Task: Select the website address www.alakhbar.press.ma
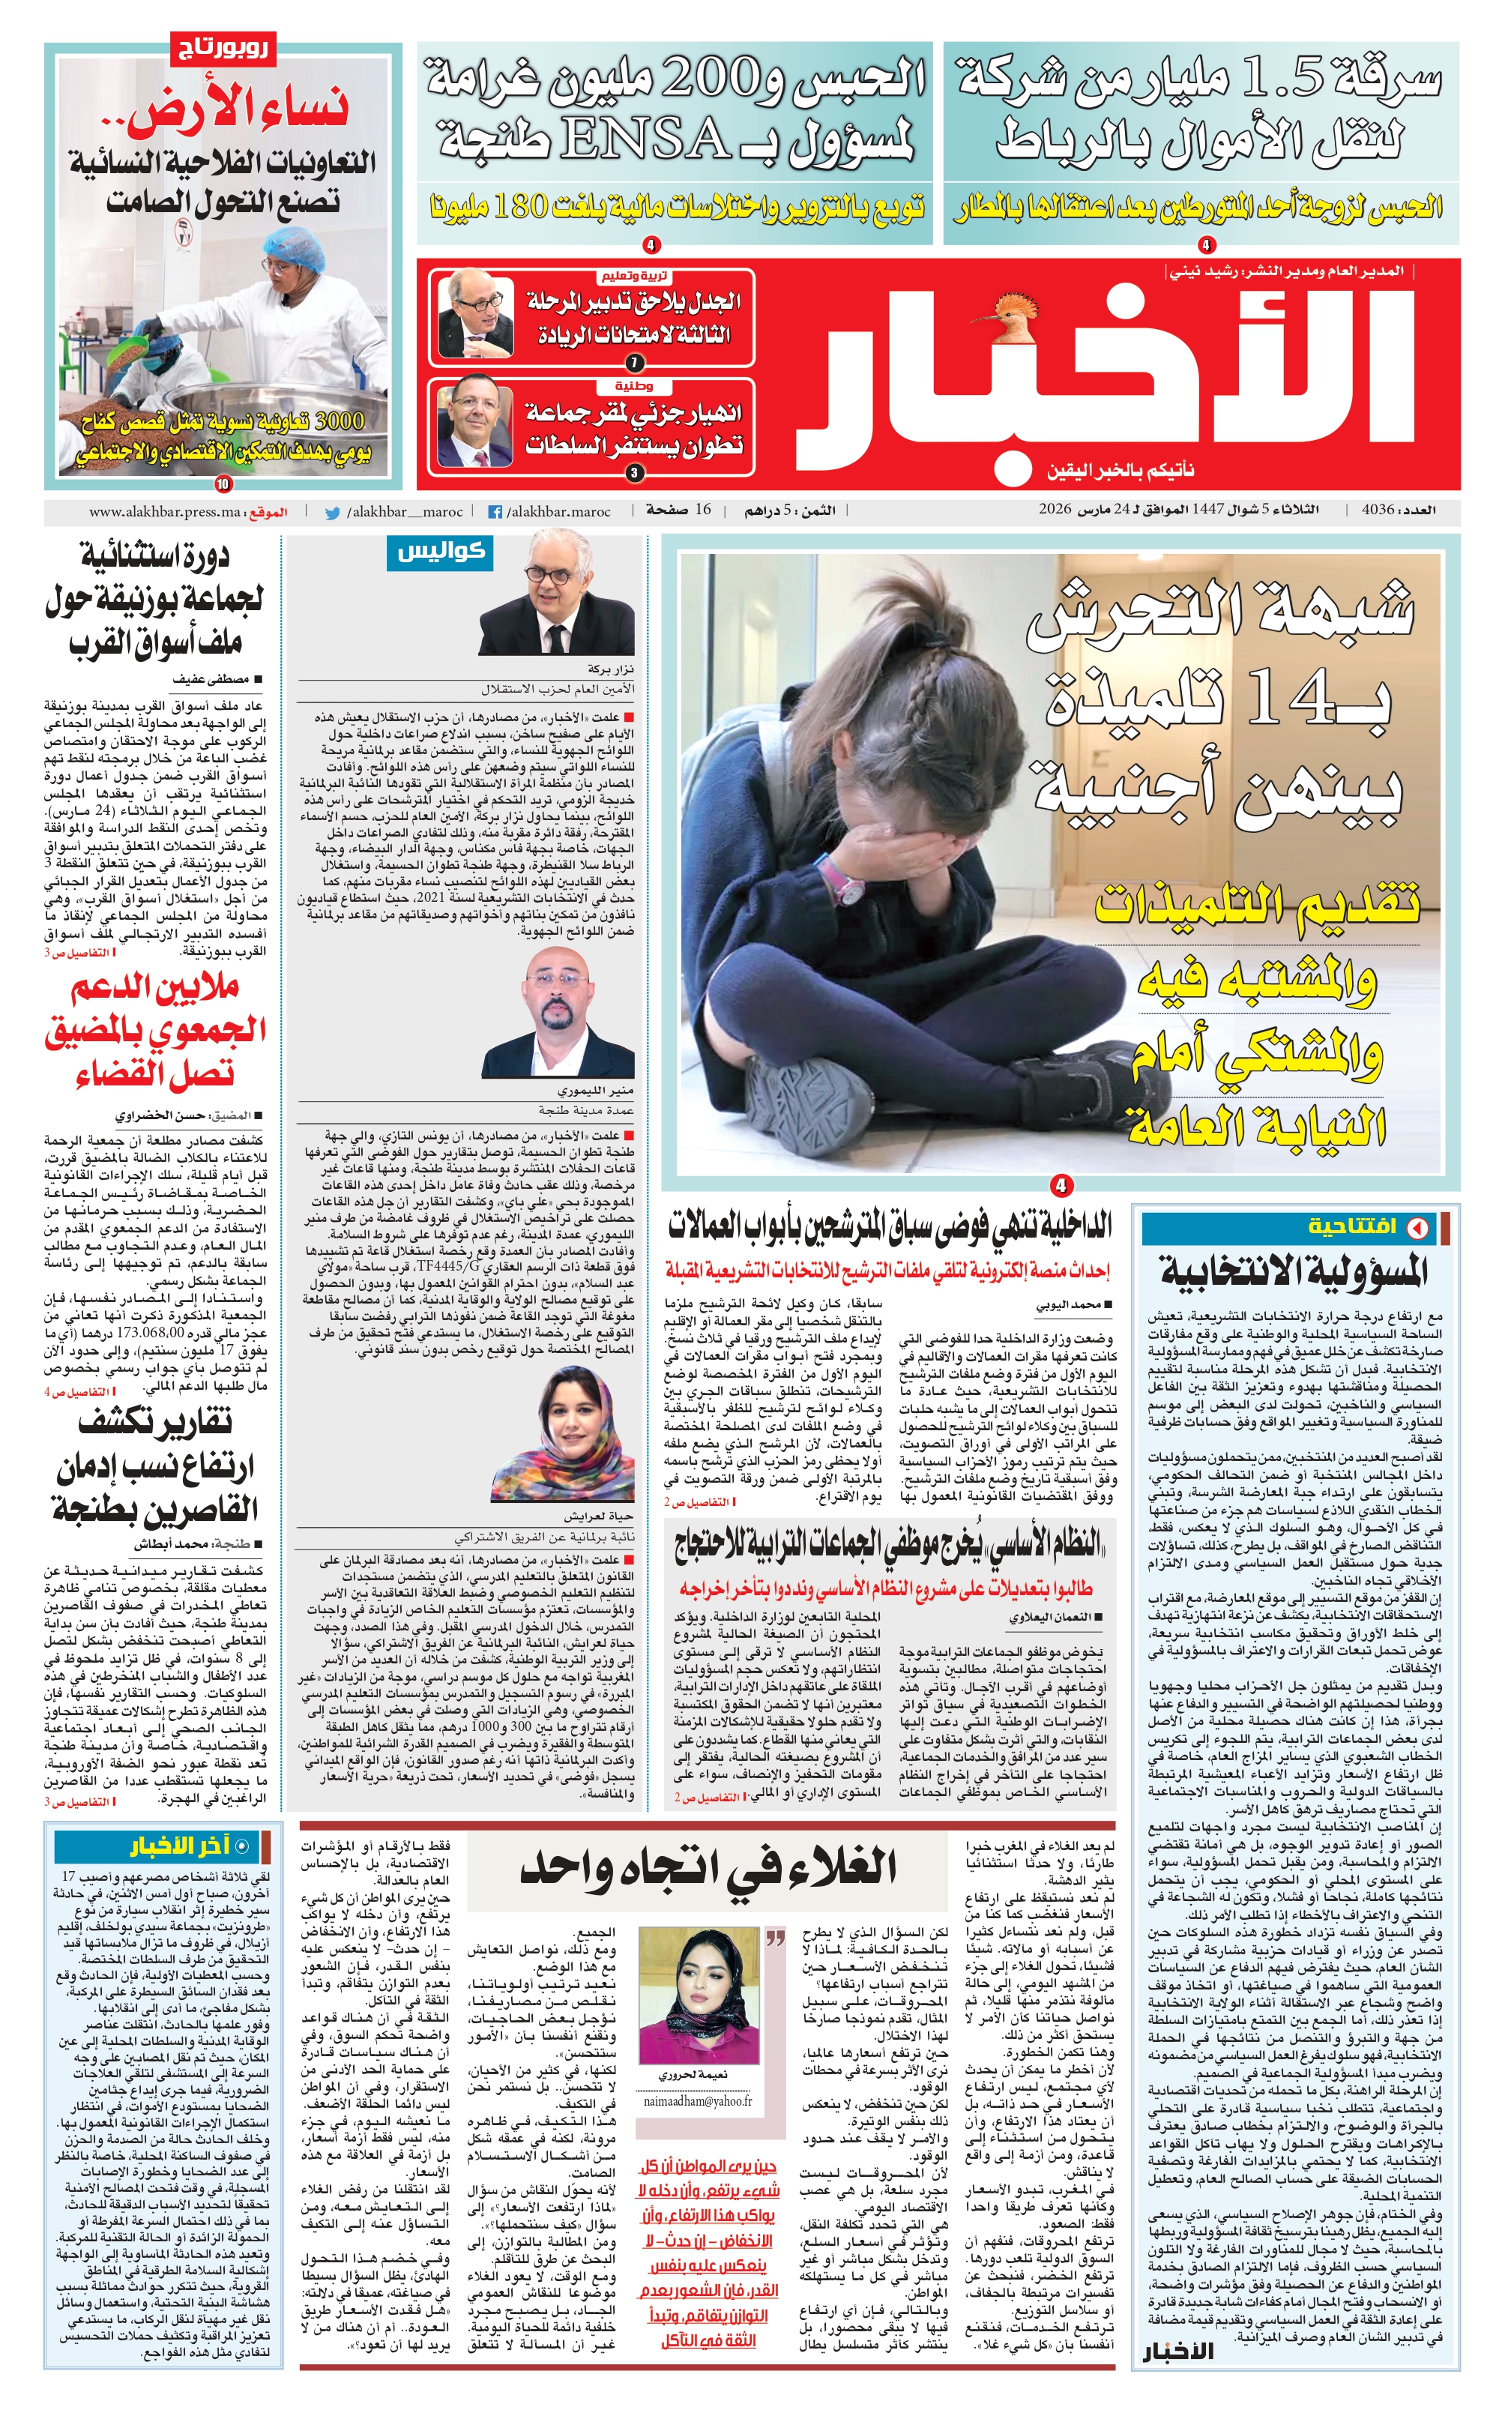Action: [165, 512]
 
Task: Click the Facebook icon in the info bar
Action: [494, 513]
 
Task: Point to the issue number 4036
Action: [1378, 510]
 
